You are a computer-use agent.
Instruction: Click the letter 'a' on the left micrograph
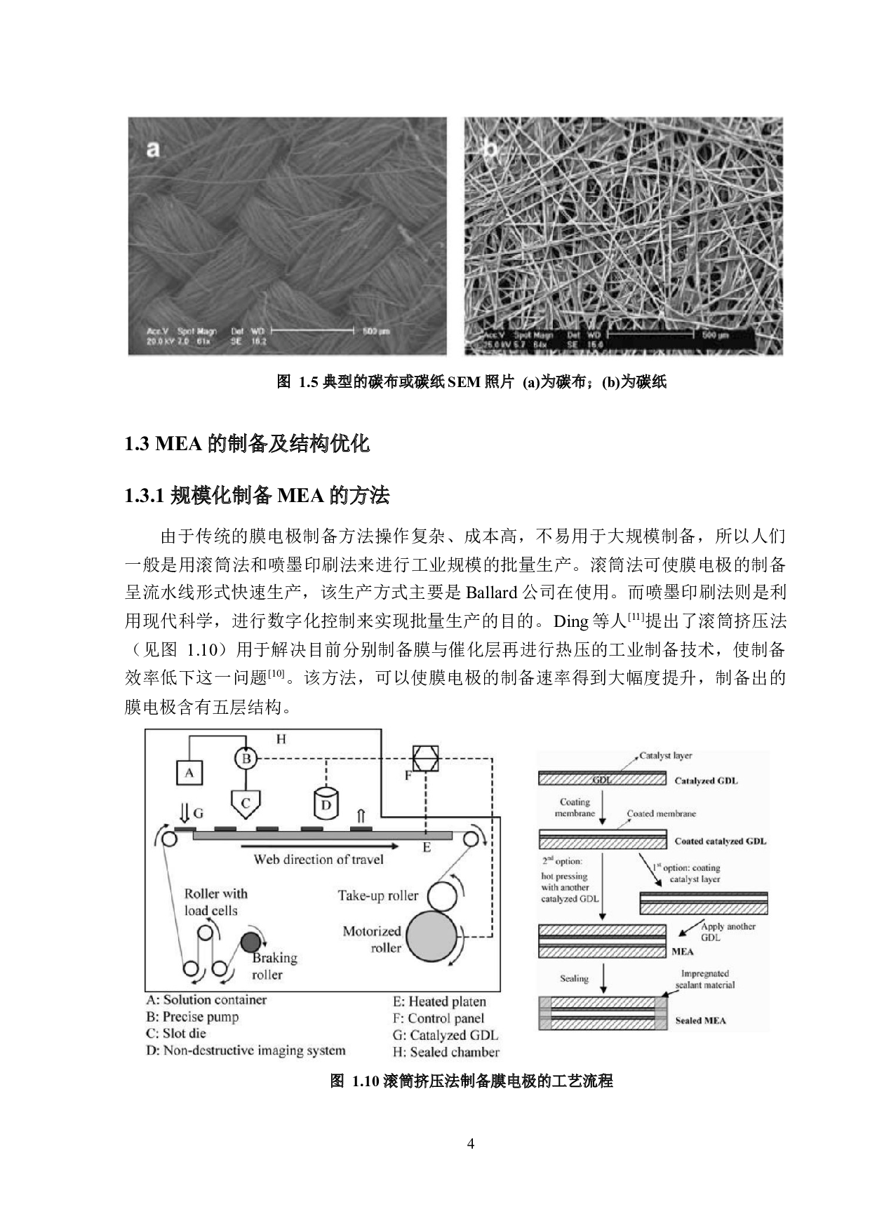153,149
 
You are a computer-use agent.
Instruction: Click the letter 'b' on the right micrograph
490,149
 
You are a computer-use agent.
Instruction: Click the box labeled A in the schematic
189,773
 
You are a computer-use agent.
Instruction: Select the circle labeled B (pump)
246,759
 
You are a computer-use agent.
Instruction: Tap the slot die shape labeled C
246,804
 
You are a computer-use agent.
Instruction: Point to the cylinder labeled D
326,804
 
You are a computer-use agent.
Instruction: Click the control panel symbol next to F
426,759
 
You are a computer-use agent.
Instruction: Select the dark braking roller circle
250,942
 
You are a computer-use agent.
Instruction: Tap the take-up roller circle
441,896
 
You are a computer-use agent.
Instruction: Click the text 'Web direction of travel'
319,860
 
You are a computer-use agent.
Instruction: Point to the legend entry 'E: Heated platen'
439,1001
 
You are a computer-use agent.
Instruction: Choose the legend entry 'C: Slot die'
176,1033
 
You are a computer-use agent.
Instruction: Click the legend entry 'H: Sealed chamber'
446,1052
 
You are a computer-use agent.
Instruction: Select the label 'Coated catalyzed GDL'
720,841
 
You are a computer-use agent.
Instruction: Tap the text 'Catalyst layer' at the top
665,755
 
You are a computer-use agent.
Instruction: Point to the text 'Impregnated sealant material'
704,979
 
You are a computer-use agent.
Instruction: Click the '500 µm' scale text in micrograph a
376,331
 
